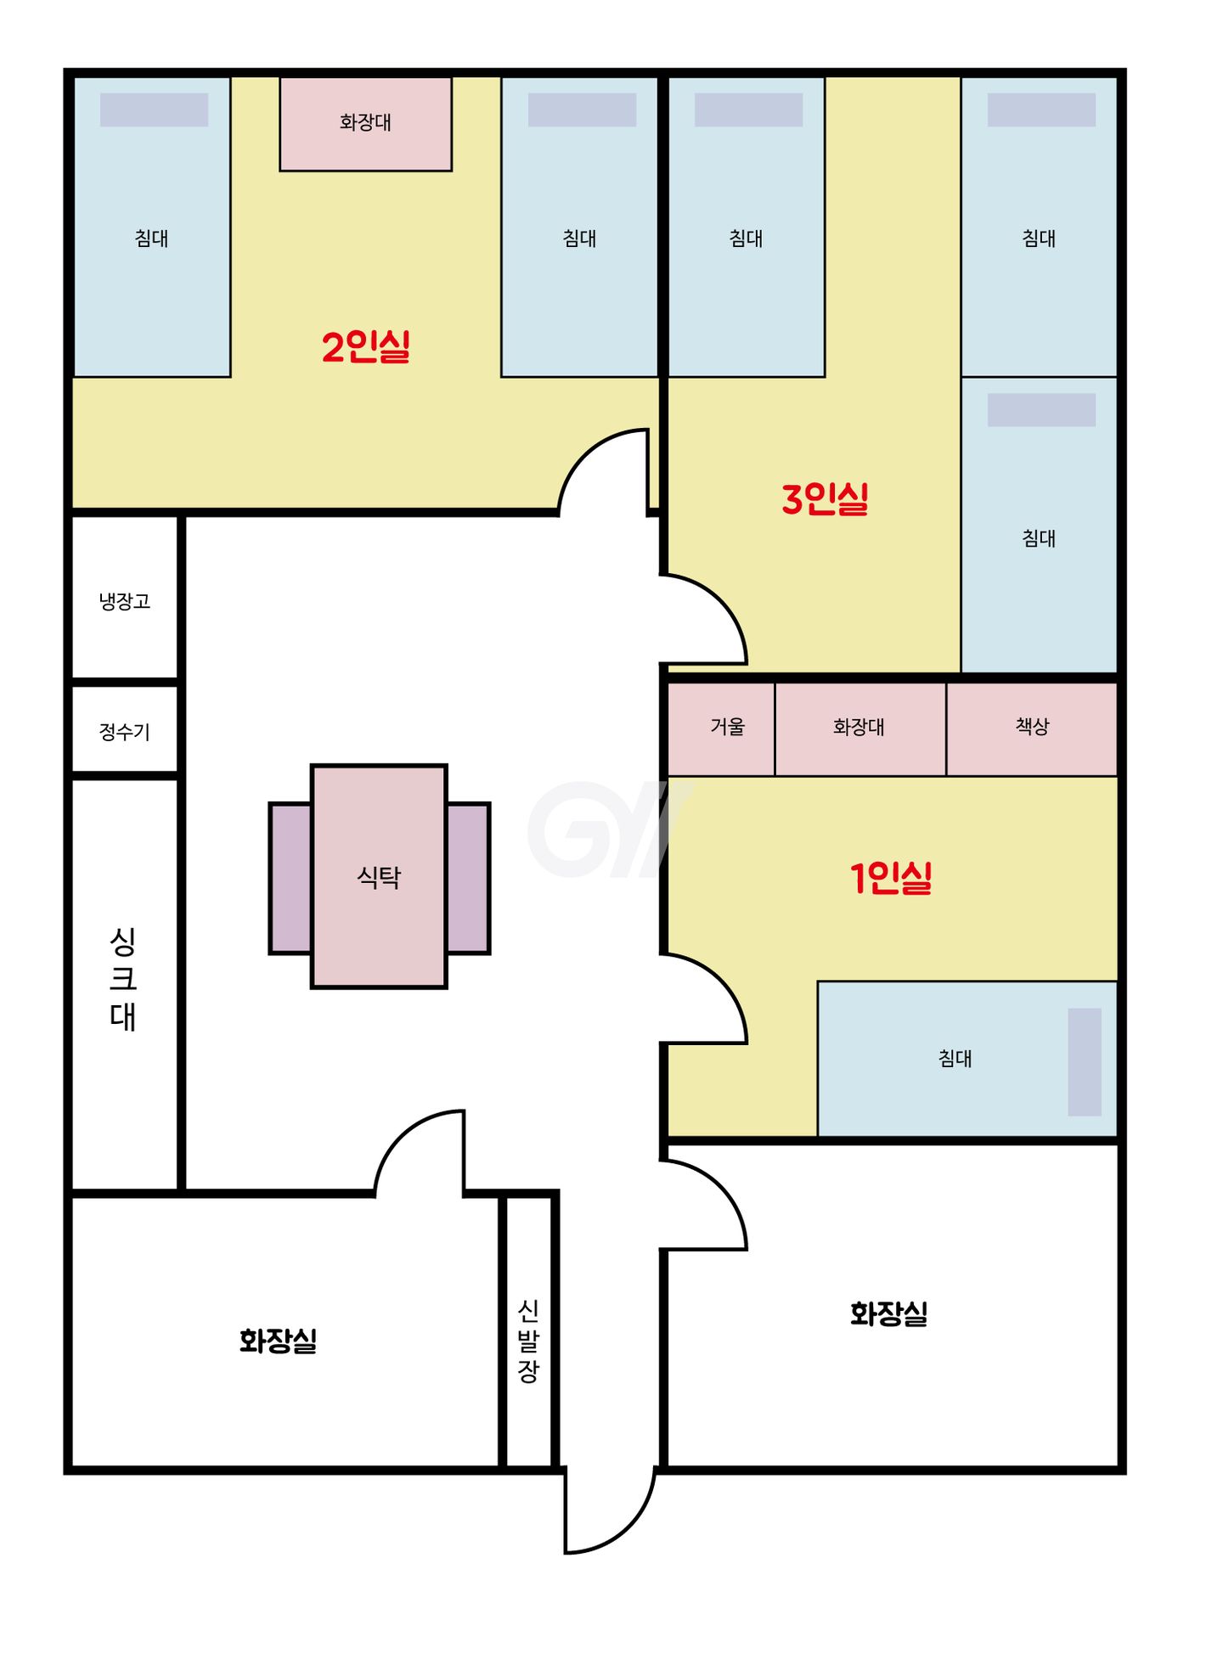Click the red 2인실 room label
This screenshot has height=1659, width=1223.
pyautogui.click(x=366, y=346)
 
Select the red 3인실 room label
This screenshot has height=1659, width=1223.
pyautogui.click(x=826, y=498)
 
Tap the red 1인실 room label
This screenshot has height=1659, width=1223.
pyautogui.click(x=891, y=878)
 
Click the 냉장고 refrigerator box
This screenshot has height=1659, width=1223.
pyautogui.click(x=125, y=598)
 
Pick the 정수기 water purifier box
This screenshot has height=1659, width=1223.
pyautogui.click(x=125, y=730)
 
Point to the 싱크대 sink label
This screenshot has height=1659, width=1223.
pyautogui.click(x=123, y=978)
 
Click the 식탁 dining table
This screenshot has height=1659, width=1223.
pyautogui.click(x=379, y=876)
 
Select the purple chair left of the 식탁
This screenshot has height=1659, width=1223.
pyautogui.click(x=290, y=878)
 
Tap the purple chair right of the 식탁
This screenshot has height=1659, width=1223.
pyautogui.click(x=468, y=878)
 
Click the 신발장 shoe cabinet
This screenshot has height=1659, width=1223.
pyautogui.click(x=529, y=1331)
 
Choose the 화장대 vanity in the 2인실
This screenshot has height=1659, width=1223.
pyautogui.click(x=366, y=124)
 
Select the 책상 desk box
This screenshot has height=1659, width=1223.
pyautogui.click(x=1032, y=728)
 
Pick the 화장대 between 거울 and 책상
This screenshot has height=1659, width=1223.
pyautogui.click(x=860, y=728)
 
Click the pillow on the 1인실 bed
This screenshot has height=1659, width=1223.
pyautogui.click(x=1085, y=1062)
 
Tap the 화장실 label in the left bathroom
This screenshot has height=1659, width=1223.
pyautogui.click(x=278, y=1341)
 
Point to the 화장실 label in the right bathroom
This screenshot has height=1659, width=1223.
pyautogui.click(x=889, y=1313)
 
